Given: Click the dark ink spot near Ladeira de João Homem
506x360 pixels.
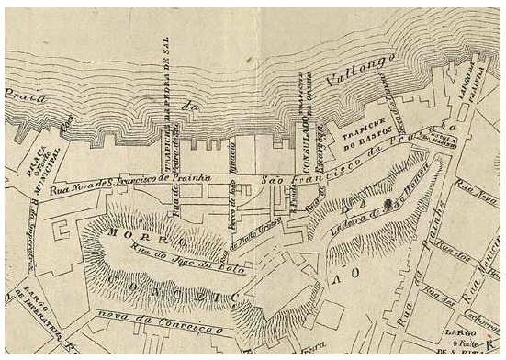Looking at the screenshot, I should (x=389, y=199).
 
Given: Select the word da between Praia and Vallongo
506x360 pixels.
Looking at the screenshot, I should (x=190, y=108).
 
